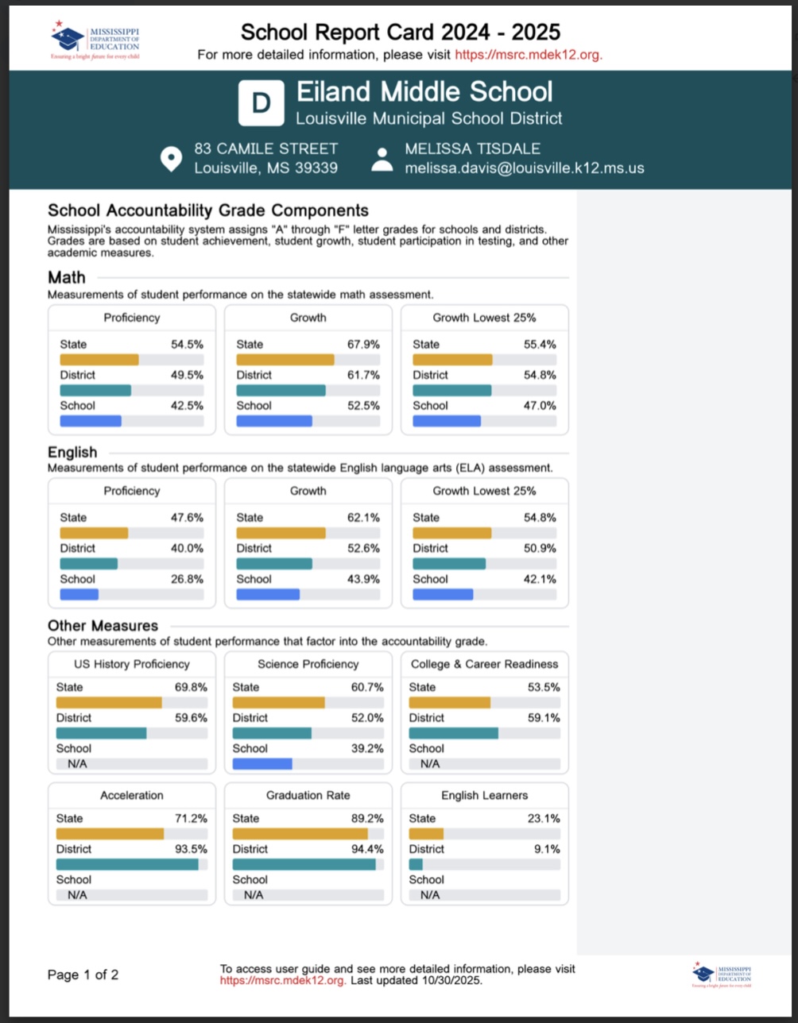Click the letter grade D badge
(261, 102)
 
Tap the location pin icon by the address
(170, 158)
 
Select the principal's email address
(524, 168)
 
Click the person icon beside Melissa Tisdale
(382, 159)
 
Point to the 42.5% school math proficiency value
(188, 405)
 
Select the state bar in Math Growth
(285, 360)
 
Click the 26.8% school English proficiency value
(188, 579)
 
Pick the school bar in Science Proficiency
(262, 764)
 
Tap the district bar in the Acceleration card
(127, 864)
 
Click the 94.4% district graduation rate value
(367, 849)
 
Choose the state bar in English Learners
(426, 834)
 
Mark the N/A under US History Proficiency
(77, 764)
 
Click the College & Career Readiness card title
(484, 664)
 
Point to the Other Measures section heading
(103, 626)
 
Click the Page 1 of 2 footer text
(83, 975)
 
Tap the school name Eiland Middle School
(424, 92)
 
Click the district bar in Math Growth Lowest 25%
(452, 390)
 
